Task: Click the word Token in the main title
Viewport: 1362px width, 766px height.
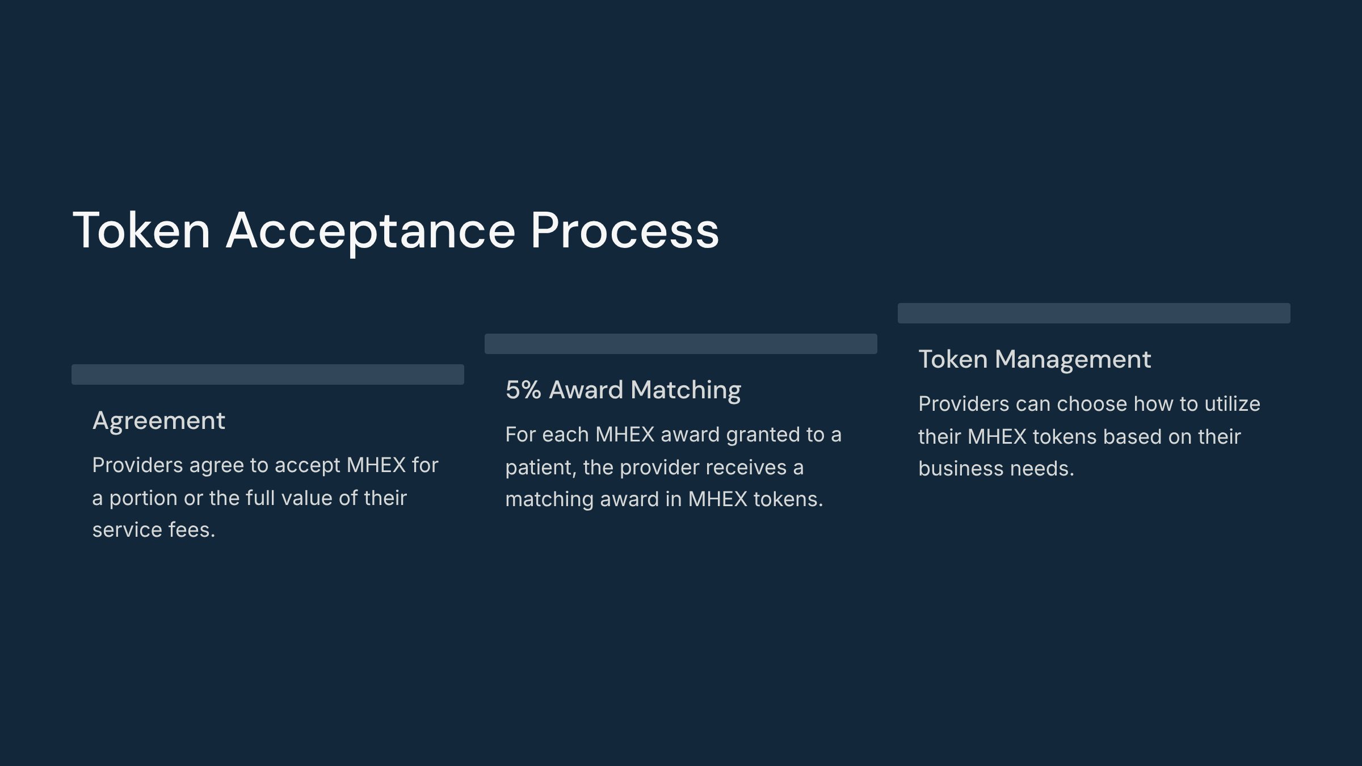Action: (141, 230)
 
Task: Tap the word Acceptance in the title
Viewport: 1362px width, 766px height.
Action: (371, 233)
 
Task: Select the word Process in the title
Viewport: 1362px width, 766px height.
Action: (625, 230)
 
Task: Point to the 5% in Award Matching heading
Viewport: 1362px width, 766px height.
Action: (523, 390)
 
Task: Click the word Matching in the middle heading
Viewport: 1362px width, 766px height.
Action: (686, 391)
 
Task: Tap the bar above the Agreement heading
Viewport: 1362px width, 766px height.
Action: (268, 374)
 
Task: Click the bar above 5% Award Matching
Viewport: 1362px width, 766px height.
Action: (681, 344)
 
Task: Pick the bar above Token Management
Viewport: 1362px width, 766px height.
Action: (1094, 313)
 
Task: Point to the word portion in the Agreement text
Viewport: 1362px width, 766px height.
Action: (144, 499)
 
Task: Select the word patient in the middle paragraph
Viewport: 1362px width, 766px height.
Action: (541, 468)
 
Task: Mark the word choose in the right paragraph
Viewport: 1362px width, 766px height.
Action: (1092, 404)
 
